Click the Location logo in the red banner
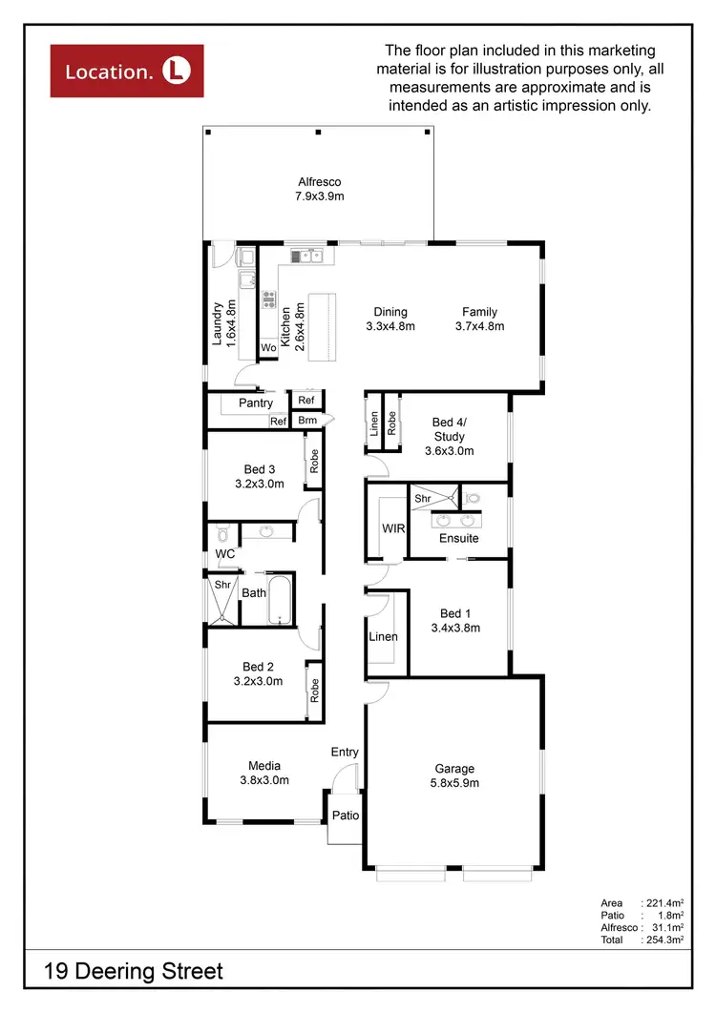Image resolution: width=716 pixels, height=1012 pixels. tap(127, 70)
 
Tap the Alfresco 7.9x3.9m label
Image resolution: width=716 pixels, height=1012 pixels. tap(319, 189)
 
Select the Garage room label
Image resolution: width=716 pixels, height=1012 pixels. tap(454, 775)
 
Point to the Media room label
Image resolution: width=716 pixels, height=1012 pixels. tap(264, 773)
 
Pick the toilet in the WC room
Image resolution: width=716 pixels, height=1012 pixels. tap(221, 532)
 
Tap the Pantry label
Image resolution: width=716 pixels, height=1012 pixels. tap(256, 403)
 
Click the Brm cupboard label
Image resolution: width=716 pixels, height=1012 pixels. tap(306, 421)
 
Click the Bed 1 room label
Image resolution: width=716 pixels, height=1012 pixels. tap(454, 620)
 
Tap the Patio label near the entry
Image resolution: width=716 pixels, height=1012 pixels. tap(345, 816)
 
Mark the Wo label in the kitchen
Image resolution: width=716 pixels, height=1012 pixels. tap(268, 349)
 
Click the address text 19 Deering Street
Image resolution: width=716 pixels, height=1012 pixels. tap(134, 972)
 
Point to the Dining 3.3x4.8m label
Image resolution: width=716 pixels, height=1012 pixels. tap(390, 319)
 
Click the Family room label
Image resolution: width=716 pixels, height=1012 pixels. tap(479, 319)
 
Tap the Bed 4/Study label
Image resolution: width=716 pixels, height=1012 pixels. tap(449, 437)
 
